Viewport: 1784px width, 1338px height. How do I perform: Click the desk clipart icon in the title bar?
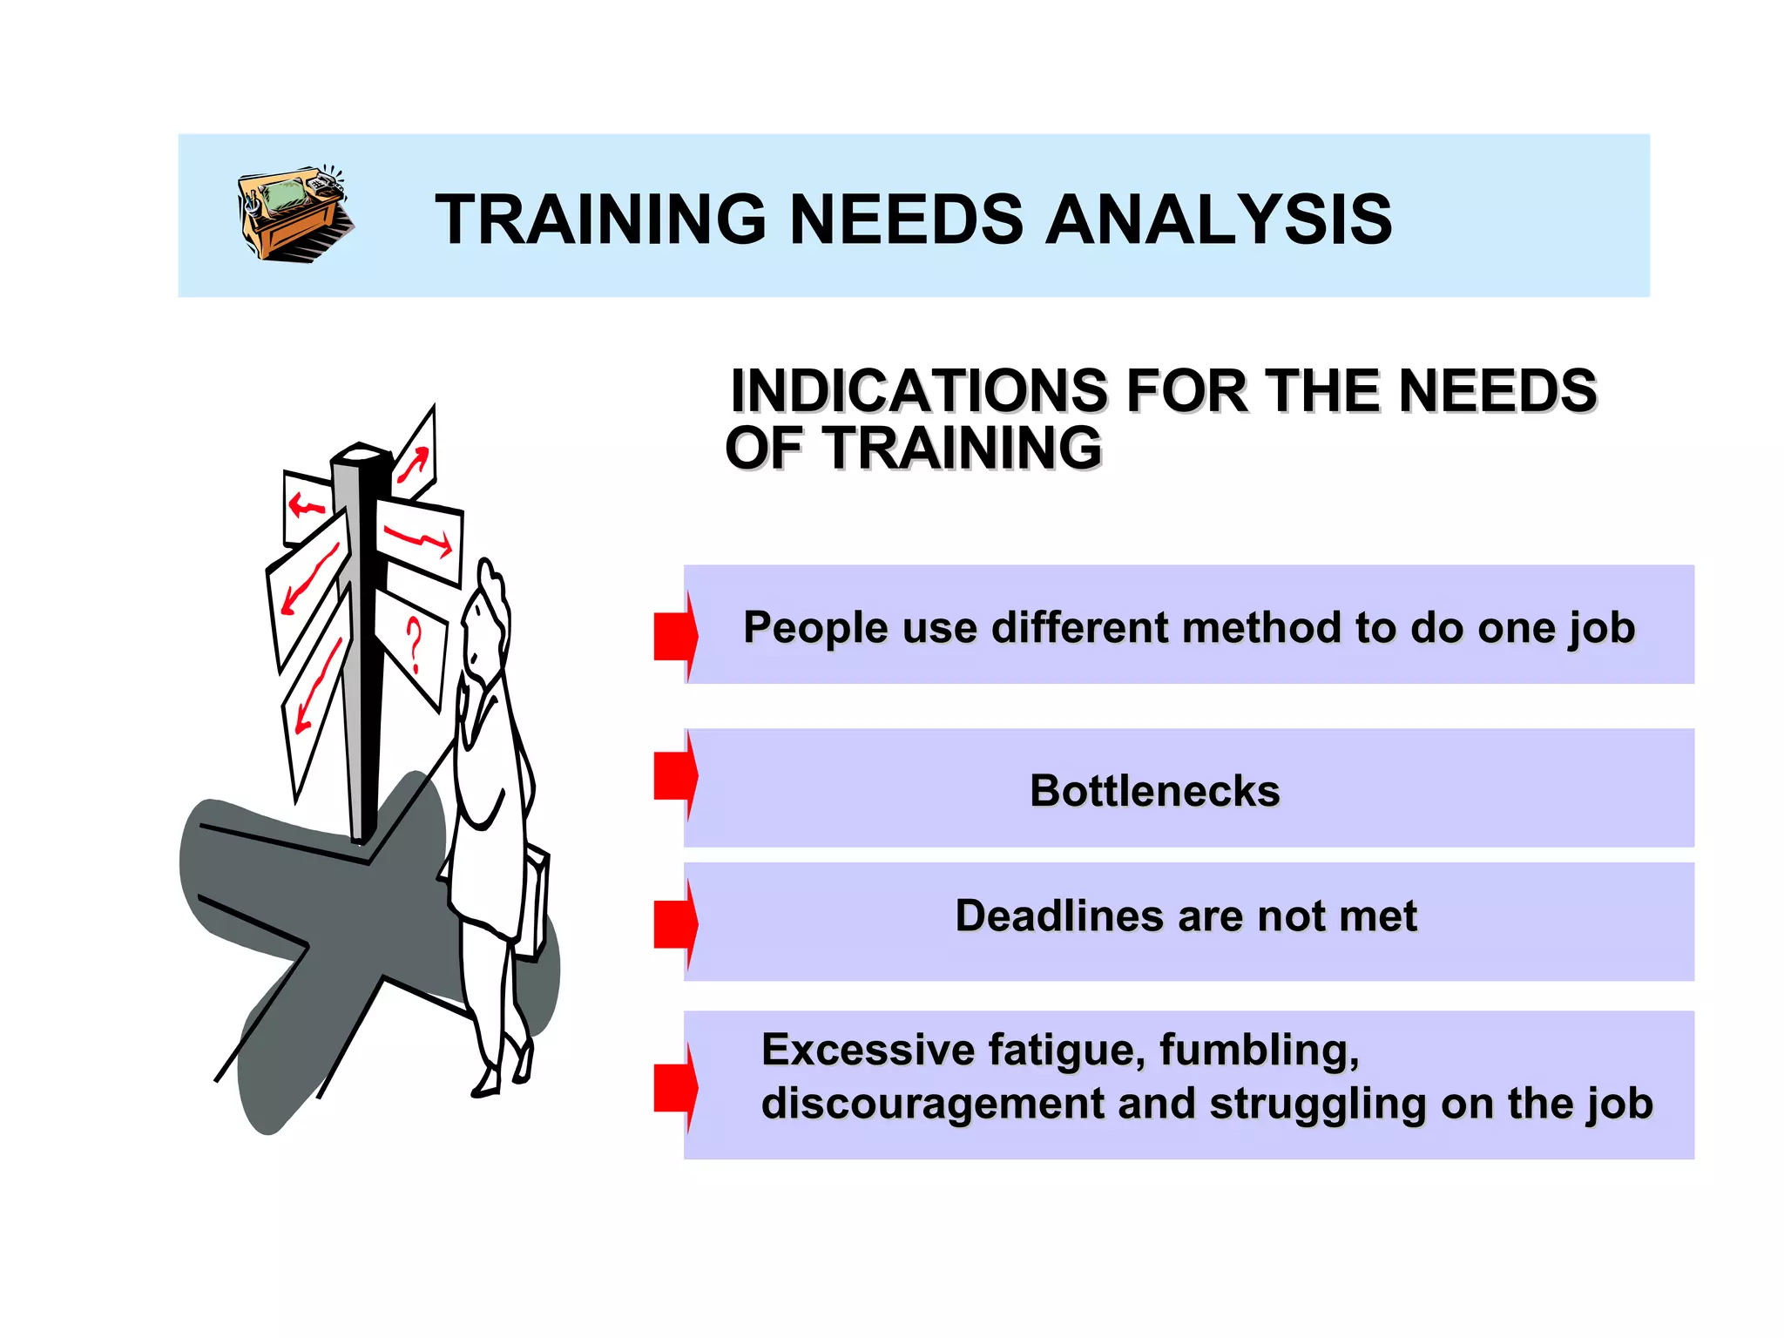294,213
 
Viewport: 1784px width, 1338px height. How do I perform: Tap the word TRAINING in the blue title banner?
600,220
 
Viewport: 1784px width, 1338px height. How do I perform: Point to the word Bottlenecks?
1154,791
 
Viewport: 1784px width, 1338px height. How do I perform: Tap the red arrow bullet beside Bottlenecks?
676,775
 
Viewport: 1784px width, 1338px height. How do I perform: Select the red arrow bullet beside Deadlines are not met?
676,924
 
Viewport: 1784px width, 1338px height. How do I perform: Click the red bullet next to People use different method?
676,636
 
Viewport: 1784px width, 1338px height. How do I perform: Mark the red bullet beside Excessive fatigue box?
676,1087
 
